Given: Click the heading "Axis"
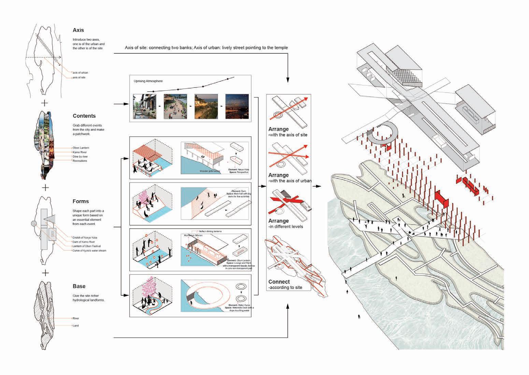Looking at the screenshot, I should click(x=78, y=30).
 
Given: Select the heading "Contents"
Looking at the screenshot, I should click(x=84, y=116).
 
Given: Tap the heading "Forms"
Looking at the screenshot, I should click(x=81, y=201).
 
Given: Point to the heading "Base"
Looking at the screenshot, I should click(x=79, y=286).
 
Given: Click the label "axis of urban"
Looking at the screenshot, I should click(x=81, y=72).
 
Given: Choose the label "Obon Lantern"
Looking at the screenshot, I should click(x=81, y=148).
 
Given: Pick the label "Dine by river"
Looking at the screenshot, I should click(x=80, y=157).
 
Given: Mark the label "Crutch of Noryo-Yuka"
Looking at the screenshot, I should click(x=86, y=238).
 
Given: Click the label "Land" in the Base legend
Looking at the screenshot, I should click(x=76, y=326).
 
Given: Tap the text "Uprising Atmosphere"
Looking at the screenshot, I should click(x=148, y=81).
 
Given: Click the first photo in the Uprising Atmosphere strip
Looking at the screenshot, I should click(x=144, y=106).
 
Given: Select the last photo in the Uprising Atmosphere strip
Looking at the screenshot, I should click(x=237, y=106).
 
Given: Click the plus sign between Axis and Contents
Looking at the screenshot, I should click(x=45, y=103).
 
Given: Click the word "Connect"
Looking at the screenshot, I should click(x=279, y=282).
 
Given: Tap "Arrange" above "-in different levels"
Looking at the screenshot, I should click(x=278, y=221).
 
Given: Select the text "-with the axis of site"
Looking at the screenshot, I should click(x=288, y=135).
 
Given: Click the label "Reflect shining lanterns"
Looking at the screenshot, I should click(x=211, y=231).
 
